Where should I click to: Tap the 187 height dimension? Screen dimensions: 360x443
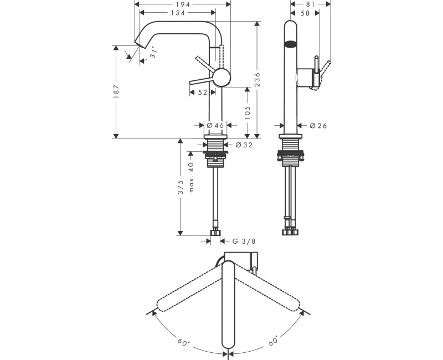click(116, 91)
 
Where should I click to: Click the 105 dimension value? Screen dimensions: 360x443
click(247, 113)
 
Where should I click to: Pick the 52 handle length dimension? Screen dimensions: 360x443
click(202, 92)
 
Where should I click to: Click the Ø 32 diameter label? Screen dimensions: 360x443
click(244, 145)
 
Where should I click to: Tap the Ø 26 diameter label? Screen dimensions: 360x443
click(318, 126)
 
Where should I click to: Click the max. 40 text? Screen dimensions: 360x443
click(192, 177)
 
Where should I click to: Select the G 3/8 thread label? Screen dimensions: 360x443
click(243, 241)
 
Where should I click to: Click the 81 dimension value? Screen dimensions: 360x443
click(310, 4)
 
